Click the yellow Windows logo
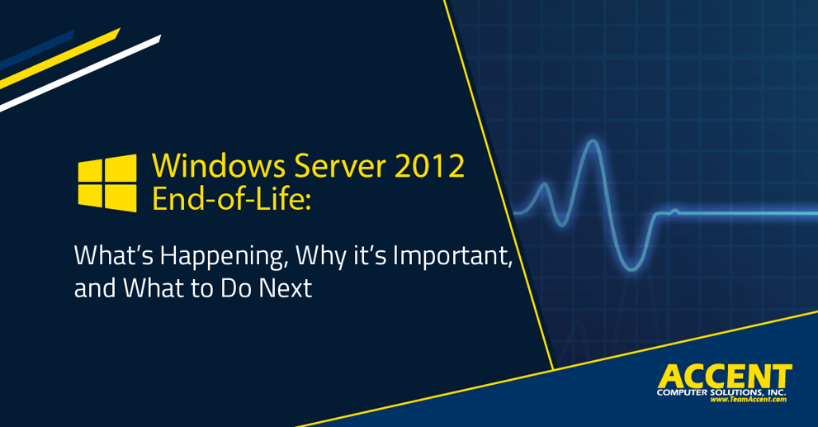coord(107,183)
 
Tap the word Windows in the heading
coord(219,166)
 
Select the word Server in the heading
coord(339,166)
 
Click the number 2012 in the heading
coord(429,166)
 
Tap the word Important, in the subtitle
coord(453,256)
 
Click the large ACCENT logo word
coord(725,377)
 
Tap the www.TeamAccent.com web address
coord(748,400)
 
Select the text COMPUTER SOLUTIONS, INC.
coord(721,392)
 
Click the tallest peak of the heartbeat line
coord(592,141)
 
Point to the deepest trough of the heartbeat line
coord(631,269)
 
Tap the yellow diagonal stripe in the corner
coord(60,59)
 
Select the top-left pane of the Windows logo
coord(90,171)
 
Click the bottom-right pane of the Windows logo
coord(121,198)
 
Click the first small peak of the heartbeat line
coord(544,183)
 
